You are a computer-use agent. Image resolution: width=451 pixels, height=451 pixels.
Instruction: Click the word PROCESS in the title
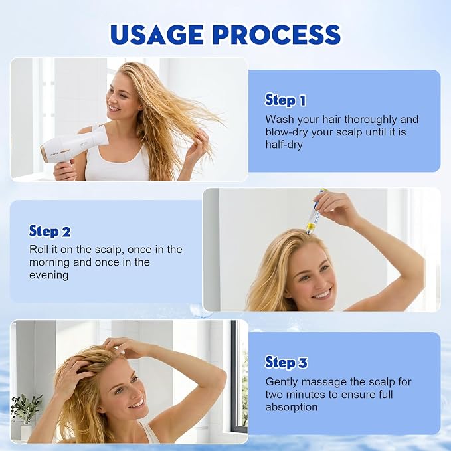click(277, 35)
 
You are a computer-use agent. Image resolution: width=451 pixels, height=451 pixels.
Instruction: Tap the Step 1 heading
click(286, 100)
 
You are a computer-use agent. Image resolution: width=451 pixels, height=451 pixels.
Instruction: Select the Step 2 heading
click(49, 231)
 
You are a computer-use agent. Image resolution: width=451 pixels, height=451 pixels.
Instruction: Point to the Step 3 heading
click(286, 362)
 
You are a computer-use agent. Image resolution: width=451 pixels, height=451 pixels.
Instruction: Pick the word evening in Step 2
click(48, 275)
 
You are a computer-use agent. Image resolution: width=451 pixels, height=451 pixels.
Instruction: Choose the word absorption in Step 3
click(292, 407)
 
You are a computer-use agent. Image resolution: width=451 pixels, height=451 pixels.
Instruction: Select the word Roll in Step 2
click(39, 250)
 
